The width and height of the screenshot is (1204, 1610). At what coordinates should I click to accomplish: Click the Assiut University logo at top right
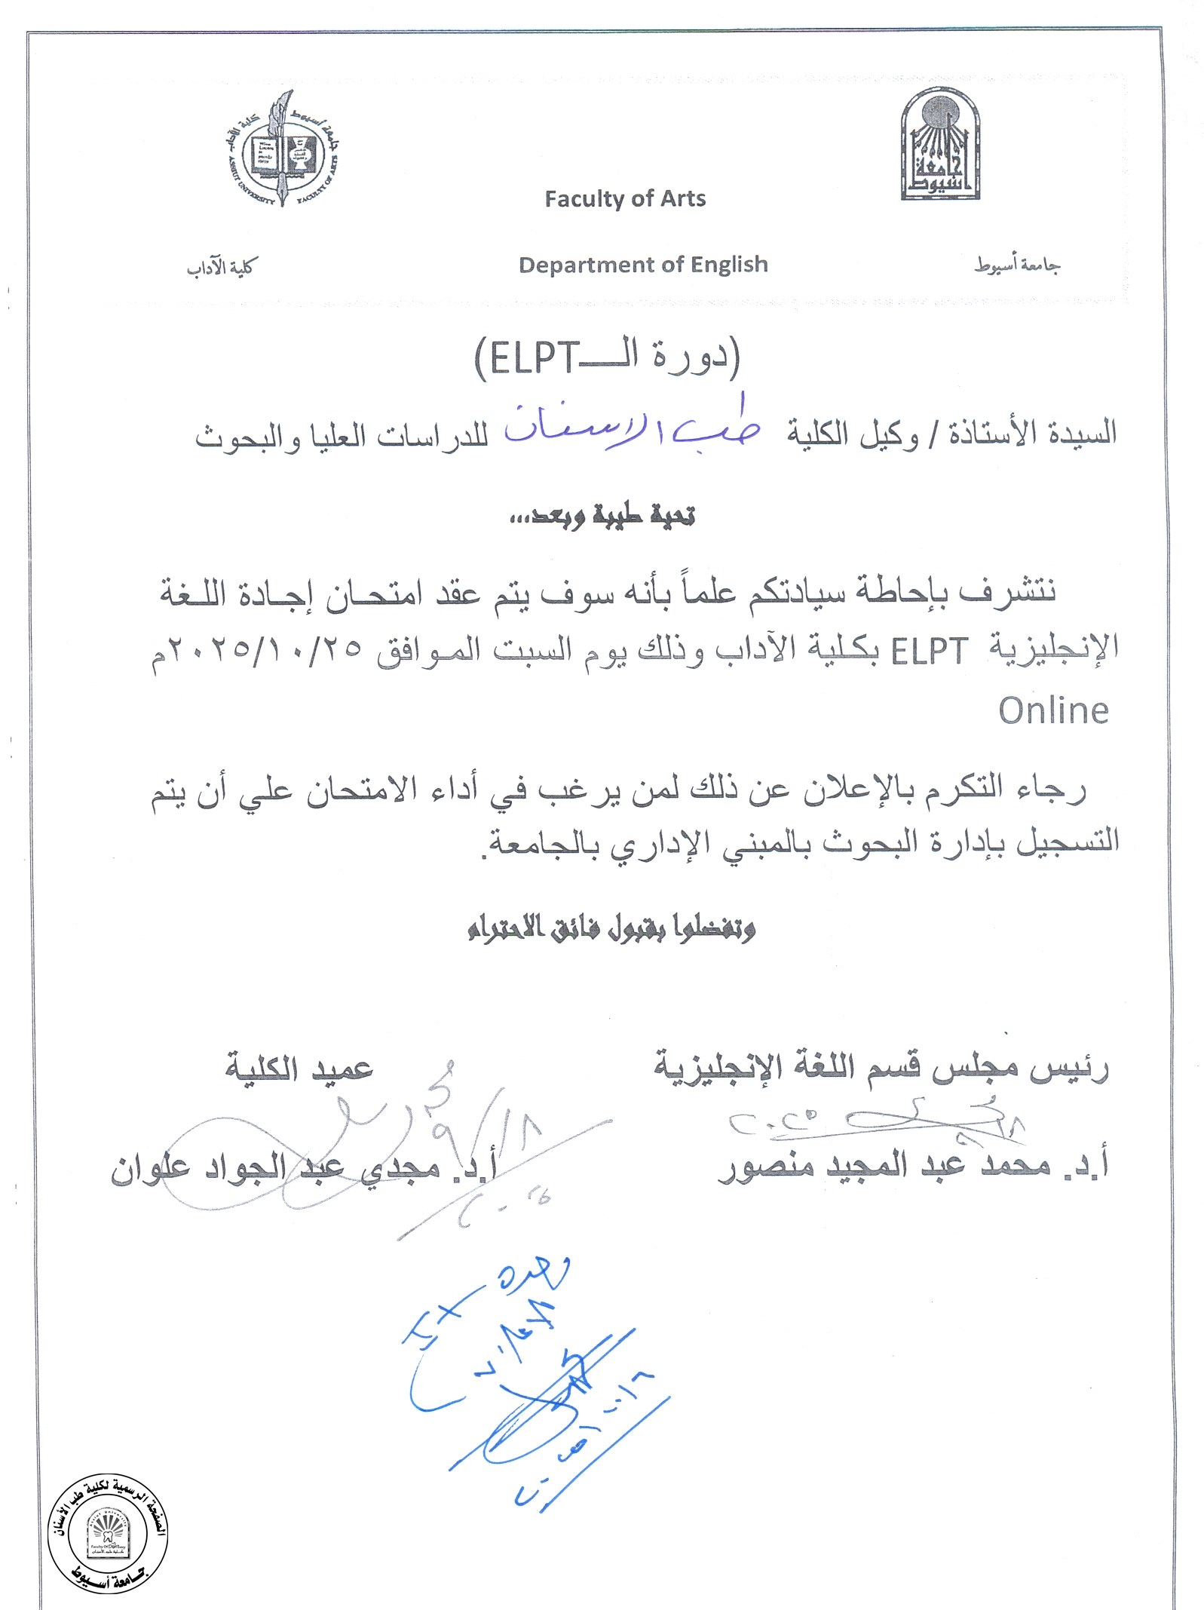point(940,145)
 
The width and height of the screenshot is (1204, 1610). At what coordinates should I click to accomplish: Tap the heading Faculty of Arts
point(625,199)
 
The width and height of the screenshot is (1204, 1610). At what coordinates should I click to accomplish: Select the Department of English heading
point(643,265)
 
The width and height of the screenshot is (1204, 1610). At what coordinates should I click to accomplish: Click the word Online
point(1053,711)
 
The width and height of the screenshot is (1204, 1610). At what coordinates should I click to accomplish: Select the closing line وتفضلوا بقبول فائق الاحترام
point(611,928)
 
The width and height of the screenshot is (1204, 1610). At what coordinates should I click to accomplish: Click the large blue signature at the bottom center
point(528,1388)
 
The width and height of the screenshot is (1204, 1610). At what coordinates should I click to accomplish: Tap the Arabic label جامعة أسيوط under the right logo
point(1017,265)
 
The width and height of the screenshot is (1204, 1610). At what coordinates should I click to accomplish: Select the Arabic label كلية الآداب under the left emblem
point(222,268)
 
